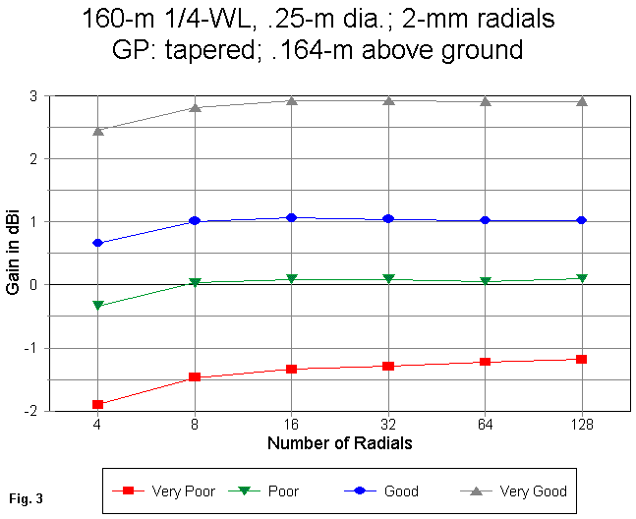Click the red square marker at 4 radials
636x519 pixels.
click(x=97, y=404)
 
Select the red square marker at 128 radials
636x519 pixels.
click(x=582, y=360)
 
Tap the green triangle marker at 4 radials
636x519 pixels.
click(x=97, y=306)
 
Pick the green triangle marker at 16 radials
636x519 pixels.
click(x=291, y=279)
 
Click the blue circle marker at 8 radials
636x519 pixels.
click(x=195, y=221)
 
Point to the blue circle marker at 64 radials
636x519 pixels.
click(x=486, y=221)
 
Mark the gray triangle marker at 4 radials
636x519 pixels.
click(x=97, y=130)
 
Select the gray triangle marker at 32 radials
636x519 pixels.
click(x=388, y=100)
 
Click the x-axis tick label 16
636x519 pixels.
click(x=291, y=425)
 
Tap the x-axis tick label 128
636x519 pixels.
click(x=582, y=425)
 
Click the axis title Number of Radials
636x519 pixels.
click(x=339, y=443)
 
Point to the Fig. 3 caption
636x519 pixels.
click(x=29, y=498)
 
